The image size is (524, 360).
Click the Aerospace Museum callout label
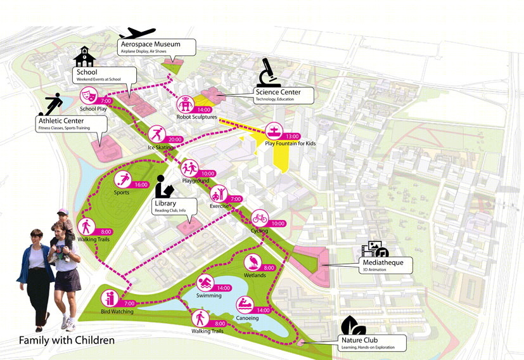(x=157, y=47)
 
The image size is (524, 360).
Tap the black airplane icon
(x=137, y=33)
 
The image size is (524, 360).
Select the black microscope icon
(x=268, y=72)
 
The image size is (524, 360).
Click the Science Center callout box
(x=284, y=96)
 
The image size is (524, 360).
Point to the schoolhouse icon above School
(x=84, y=56)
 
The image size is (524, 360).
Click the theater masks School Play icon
(x=89, y=96)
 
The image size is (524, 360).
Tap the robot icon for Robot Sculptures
(x=185, y=105)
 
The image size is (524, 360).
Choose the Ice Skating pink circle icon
(x=157, y=134)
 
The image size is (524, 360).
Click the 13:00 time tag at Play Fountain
(x=292, y=136)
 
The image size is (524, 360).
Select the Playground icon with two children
(x=189, y=168)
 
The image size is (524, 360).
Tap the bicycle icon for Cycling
(x=260, y=218)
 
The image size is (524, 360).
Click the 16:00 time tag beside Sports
(x=141, y=184)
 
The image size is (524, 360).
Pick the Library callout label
(x=174, y=206)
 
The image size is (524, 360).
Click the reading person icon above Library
(x=164, y=186)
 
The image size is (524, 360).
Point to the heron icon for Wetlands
(x=253, y=263)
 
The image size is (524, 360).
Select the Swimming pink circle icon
(x=205, y=283)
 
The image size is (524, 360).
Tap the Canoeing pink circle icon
(x=245, y=305)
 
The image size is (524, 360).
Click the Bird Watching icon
(x=110, y=299)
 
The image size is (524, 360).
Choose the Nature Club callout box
(x=373, y=344)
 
